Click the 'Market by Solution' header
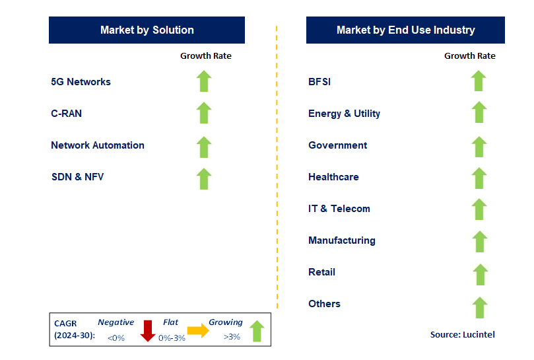tap(147, 30)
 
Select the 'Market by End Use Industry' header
tap(405, 30)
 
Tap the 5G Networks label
tap(81, 82)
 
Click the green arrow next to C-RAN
tap(204, 113)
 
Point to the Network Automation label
tap(98, 145)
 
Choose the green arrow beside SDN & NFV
tap(204, 178)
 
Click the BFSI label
tap(319, 82)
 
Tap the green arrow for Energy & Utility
tap(479, 113)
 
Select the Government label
tap(337, 145)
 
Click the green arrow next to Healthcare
tap(479, 178)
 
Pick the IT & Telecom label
tap(339, 209)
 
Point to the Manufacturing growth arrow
tap(479, 241)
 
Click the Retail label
tap(321, 272)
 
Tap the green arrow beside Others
tap(479, 307)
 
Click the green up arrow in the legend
tap(256, 331)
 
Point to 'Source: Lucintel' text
tap(462, 335)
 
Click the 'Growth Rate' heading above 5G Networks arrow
tap(206, 56)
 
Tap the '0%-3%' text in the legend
tap(172, 338)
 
